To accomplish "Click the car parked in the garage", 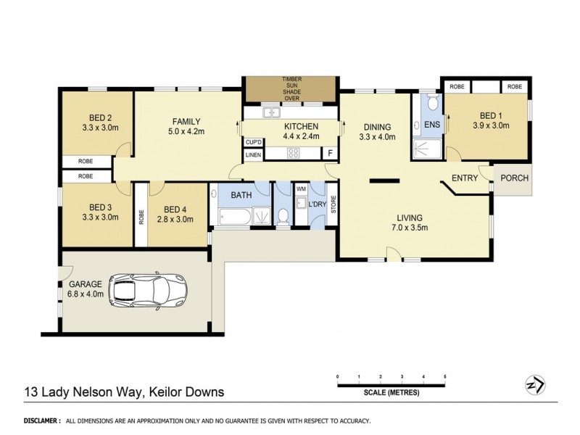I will click(148, 291).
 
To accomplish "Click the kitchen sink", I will click(273, 113).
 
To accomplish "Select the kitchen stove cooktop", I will click(295, 153).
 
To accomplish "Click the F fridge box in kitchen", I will click(330, 154).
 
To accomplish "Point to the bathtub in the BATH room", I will click(231, 215).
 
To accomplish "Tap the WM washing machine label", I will click(301, 190).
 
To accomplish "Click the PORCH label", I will click(515, 178).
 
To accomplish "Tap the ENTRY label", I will click(464, 178).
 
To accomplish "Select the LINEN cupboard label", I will click(253, 154).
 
